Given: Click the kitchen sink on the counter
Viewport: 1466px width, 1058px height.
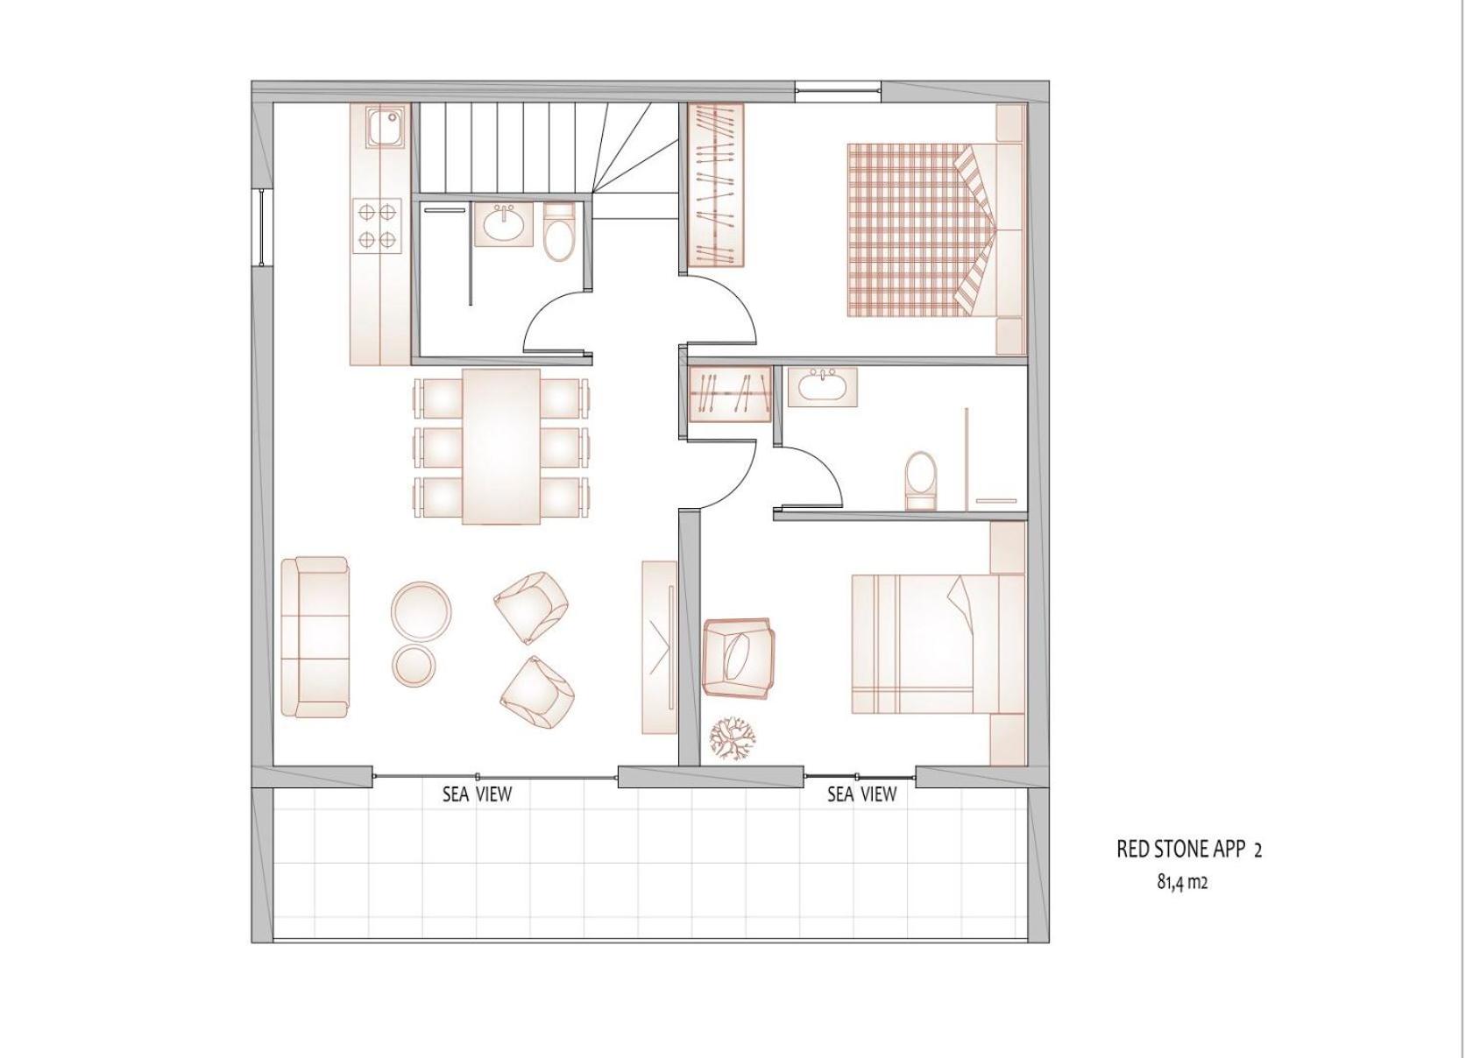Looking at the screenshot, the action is click(386, 128).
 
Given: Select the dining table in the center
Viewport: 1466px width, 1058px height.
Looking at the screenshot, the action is click(501, 446).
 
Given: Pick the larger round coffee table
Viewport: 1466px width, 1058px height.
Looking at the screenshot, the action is click(421, 611).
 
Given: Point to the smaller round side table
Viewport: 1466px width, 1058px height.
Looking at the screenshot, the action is click(415, 666).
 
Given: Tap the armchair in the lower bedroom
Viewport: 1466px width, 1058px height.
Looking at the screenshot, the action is click(738, 657).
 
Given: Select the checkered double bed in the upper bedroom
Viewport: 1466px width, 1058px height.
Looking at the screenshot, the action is click(936, 229).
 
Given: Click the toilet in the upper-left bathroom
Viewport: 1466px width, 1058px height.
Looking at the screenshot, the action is click(559, 234).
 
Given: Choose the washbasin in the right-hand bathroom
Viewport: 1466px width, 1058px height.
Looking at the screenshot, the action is click(822, 386).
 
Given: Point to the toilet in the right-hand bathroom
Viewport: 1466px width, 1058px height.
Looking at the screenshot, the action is click(919, 479).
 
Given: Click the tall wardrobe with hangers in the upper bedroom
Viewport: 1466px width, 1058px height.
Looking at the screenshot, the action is click(716, 185).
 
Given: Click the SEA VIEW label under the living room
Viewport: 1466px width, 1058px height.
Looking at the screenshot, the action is click(477, 794).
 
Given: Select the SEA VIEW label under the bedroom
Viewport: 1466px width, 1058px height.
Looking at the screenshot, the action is click(862, 794).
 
